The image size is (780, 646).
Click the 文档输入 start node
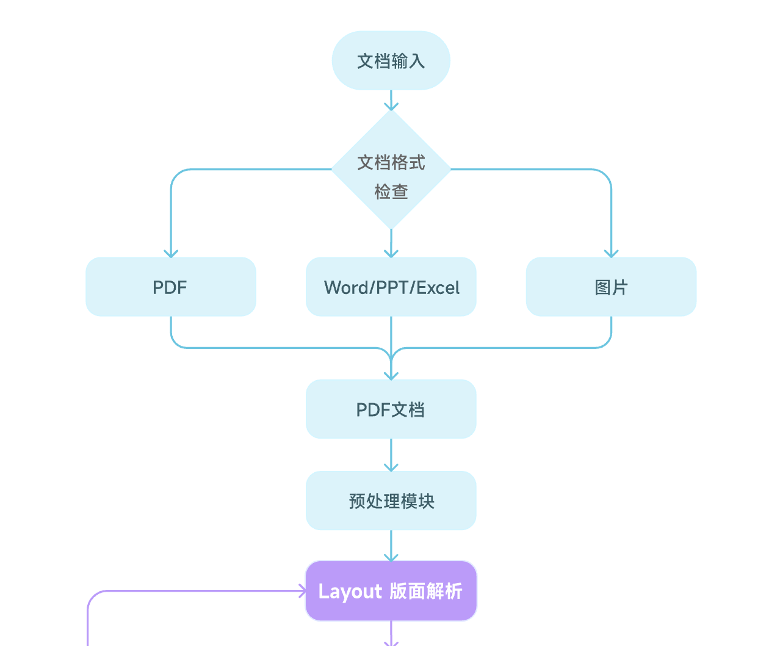pyautogui.click(x=391, y=60)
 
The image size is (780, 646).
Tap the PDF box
pyautogui.click(x=170, y=287)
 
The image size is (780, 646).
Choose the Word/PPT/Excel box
pyautogui.click(x=391, y=287)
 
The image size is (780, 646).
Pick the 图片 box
pyautogui.click(x=611, y=287)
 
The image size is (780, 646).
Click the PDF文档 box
pyautogui.click(x=391, y=409)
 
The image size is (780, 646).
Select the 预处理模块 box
pyautogui.click(x=391, y=501)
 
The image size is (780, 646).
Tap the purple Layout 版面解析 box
pyautogui.click(x=391, y=591)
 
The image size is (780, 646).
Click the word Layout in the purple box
pyautogui.click(x=350, y=592)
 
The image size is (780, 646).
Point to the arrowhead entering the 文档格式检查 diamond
pyautogui.click(x=391, y=107)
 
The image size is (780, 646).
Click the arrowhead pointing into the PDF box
pyautogui.click(x=171, y=253)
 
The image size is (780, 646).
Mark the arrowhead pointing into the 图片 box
pyautogui.click(x=611, y=253)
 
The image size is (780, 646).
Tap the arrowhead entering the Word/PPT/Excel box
pyautogui.click(x=391, y=253)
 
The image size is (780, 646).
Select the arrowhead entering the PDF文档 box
pyautogui.click(x=391, y=376)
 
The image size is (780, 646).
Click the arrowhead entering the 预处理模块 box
pyautogui.click(x=391, y=467)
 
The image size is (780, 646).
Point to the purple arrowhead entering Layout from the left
pyautogui.click(x=302, y=590)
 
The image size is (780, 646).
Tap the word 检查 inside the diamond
pyautogui.click(x=391, y=192)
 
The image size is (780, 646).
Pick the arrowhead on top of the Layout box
pyautogui.click(x=391, y=557)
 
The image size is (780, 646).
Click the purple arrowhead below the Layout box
pyautogui.click(x=391, y=642)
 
